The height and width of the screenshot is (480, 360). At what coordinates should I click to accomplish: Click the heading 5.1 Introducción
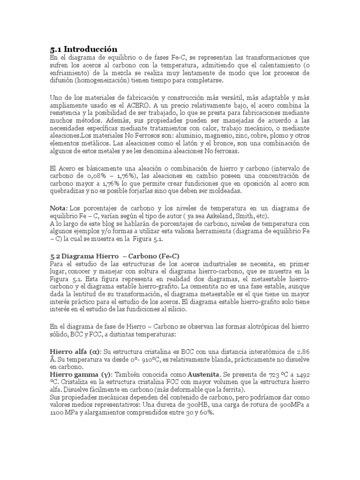[83, 49]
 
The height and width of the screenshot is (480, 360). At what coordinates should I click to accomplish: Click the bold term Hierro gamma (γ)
[79, 376]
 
